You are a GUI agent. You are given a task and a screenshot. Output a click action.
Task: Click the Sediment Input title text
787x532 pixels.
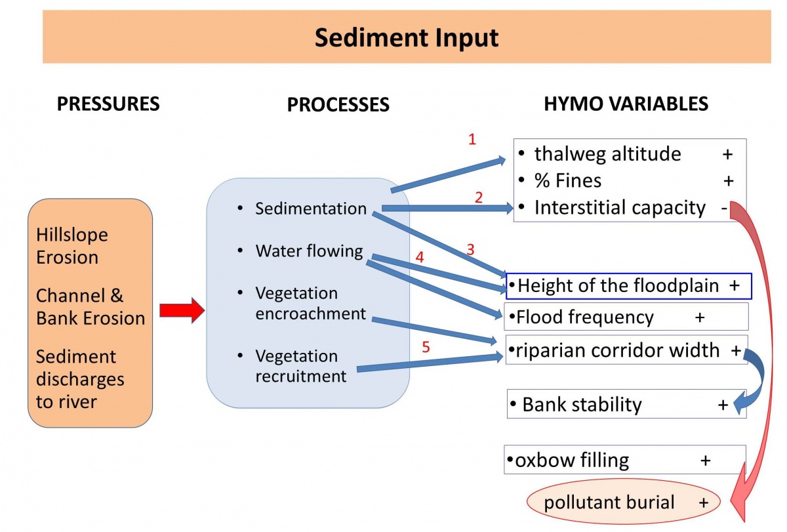click(407, 37)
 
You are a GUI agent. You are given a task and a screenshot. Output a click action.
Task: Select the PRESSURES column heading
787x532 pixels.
click(108, 104)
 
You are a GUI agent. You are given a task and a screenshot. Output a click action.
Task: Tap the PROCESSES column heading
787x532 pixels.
click(338, 104)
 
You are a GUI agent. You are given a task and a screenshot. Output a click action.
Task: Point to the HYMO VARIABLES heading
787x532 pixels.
click(626, 104)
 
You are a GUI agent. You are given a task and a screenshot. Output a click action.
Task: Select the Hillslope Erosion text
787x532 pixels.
click(72, 246)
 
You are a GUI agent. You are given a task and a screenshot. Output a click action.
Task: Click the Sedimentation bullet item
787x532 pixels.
click(311, 209)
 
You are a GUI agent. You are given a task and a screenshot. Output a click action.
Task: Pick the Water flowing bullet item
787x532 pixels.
click(309, 251)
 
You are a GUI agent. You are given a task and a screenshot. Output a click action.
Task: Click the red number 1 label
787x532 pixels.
click(472, 140)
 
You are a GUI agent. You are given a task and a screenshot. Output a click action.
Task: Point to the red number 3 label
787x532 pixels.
click(470, 249)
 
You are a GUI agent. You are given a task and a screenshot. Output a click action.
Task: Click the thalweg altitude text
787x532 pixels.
click(607, 154)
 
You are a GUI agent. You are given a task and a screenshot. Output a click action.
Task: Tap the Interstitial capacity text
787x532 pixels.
click(620, 208)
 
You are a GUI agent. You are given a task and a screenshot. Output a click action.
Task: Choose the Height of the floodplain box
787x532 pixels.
click(628, 286)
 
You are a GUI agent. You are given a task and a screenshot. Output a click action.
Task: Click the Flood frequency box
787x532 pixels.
click(626, 317)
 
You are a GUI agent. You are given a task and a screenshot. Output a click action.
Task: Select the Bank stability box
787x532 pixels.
click(626, 405)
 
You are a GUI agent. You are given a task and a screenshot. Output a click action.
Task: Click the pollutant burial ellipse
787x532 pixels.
click(623, 503)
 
